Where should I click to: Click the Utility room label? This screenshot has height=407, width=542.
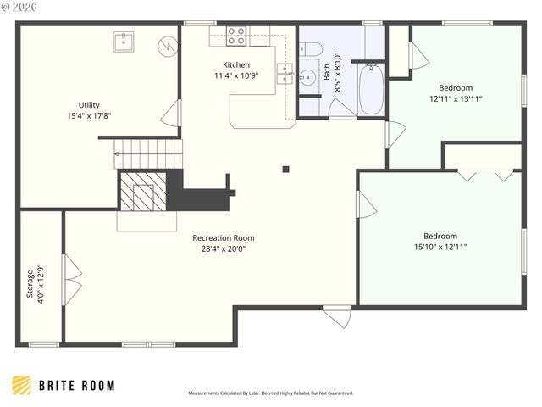coord(89,105)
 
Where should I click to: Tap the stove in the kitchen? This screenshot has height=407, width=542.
coord(236,36)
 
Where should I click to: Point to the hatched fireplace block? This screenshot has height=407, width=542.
coord(136,191)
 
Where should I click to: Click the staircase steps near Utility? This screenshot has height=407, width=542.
coord(149,154)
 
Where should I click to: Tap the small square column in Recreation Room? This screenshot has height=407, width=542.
coord(286,169)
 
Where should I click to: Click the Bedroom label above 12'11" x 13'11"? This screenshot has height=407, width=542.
coord(455,87)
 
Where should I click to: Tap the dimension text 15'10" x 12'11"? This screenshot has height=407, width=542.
coord(440,247)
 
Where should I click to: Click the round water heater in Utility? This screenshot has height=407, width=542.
coord(169,44)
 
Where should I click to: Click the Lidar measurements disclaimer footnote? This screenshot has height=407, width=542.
coord(270,393)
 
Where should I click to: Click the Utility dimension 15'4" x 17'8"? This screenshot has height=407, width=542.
coord(89,115)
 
